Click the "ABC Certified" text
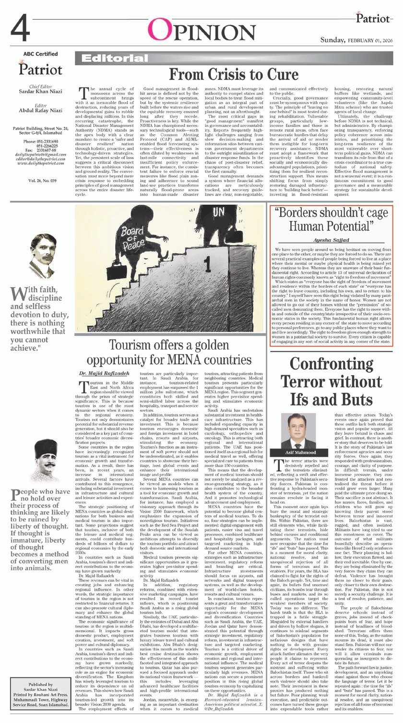40,54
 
